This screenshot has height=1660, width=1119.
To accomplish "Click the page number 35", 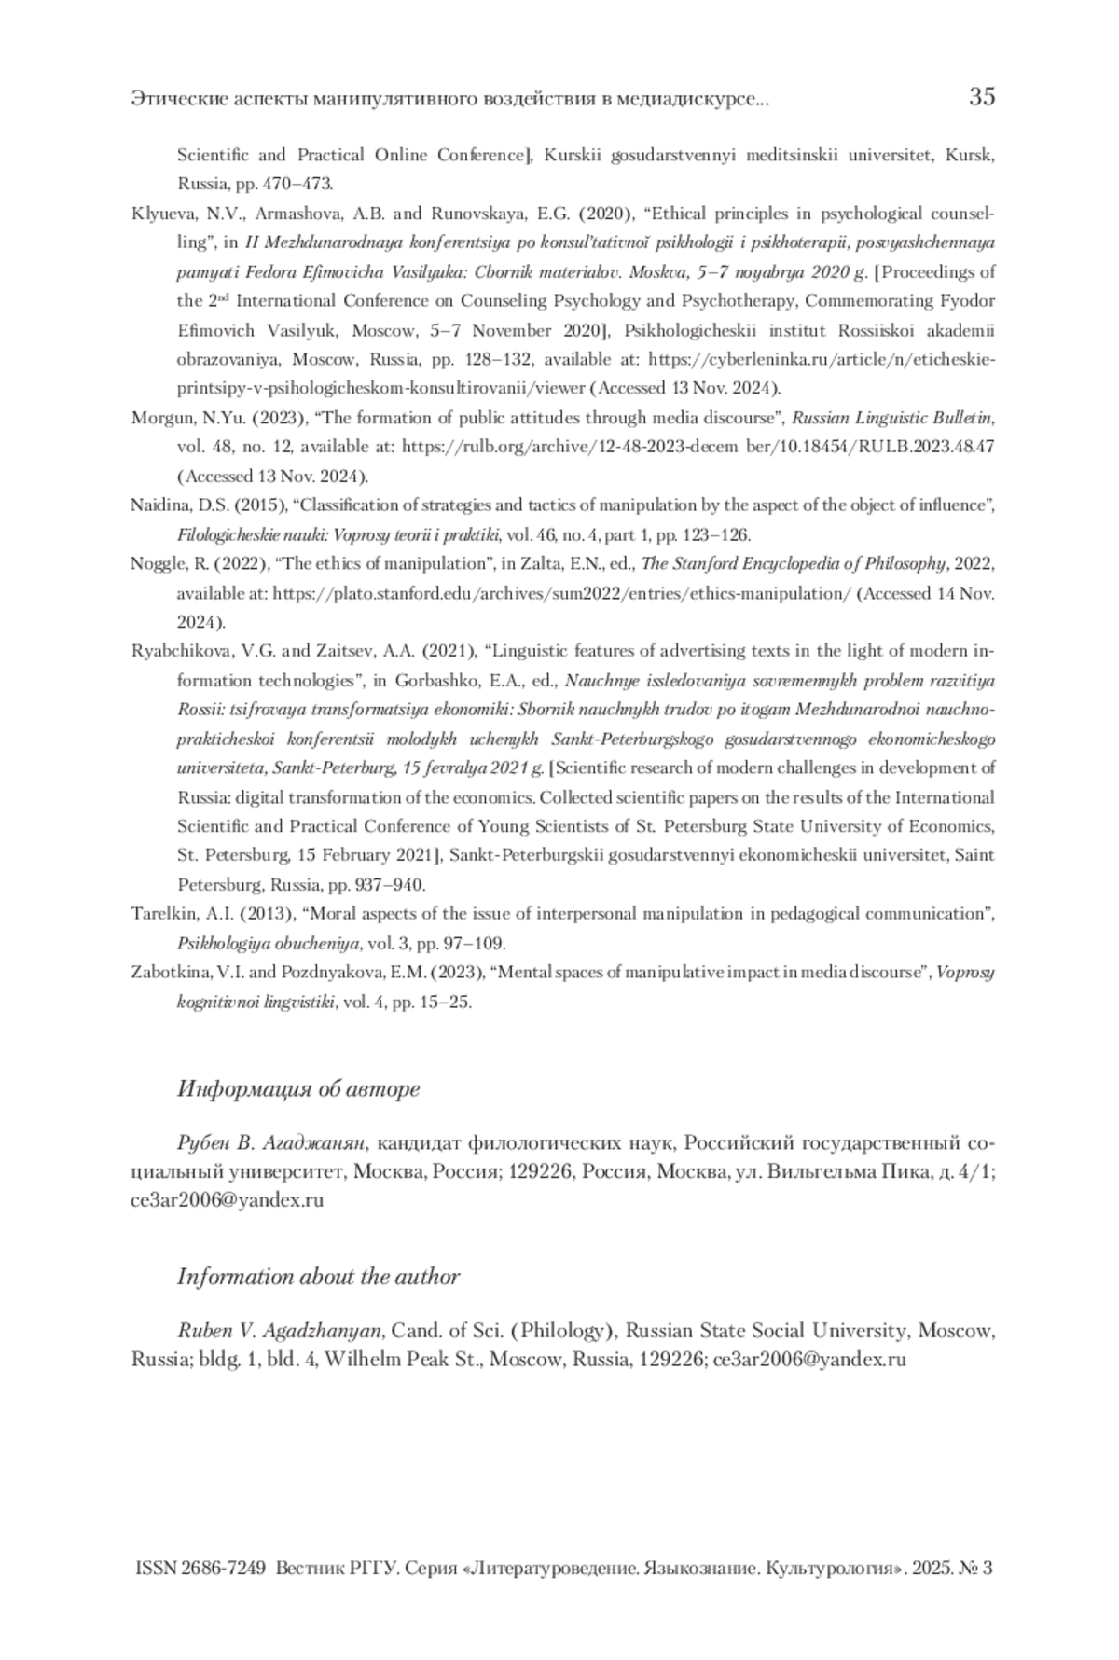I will pos(981,96).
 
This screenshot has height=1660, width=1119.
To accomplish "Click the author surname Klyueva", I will pos(160,214).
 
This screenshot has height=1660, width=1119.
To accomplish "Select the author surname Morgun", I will pos(159,418).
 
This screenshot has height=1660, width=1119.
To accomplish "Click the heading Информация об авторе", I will pos(298,1088).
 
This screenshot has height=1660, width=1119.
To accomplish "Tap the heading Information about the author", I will pos(318,1277).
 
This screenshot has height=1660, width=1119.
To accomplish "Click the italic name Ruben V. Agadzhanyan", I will pos(279,1331).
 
